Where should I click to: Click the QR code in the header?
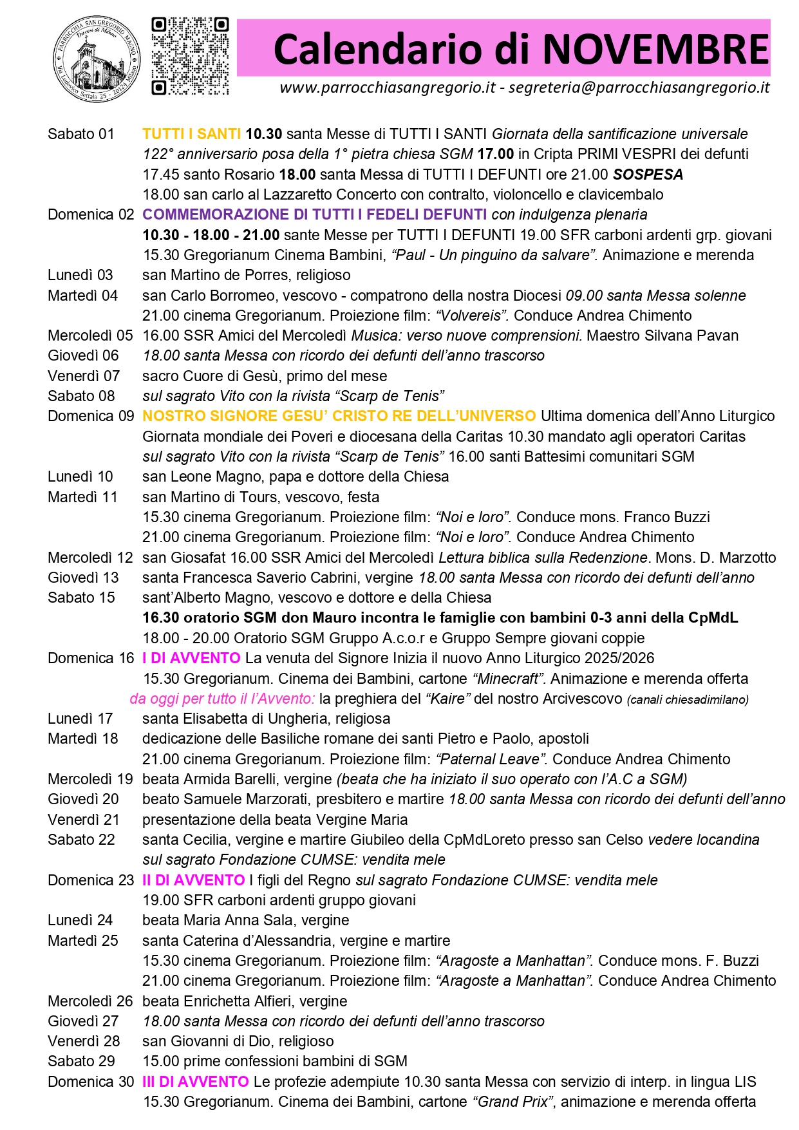[190, 56]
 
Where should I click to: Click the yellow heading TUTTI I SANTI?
[191, 134]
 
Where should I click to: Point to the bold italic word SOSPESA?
[648, 174]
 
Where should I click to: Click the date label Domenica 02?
[91, 214]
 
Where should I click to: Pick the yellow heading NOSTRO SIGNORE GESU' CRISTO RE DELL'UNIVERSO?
[339, 416]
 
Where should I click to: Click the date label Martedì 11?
[82, 497]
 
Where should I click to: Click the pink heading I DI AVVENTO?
[191, 658]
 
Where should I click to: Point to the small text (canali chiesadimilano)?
[688, 699]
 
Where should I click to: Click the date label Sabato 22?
[81, 840]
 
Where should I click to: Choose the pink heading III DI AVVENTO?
[195, 1082]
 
